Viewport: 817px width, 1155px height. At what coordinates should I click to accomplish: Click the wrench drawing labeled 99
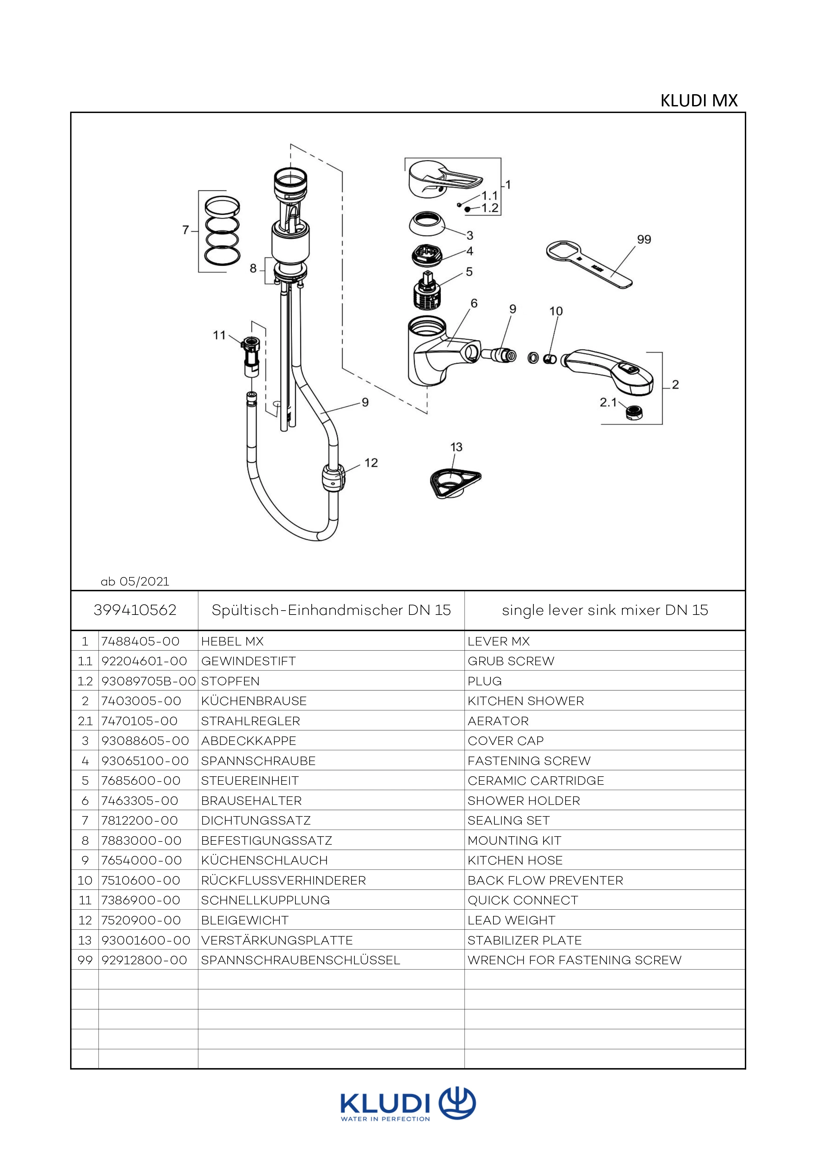coord(589,264)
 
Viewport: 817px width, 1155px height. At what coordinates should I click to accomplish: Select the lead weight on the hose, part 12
coord(332,478)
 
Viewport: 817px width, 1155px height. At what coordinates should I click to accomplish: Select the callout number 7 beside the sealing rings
coord(185,230)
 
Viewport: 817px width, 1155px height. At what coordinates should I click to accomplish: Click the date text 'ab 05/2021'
coord(135,582)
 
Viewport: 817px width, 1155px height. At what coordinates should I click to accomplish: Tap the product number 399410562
coord(135,610)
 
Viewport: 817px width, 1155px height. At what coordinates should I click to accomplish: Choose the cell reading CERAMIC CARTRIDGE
coord(535,781)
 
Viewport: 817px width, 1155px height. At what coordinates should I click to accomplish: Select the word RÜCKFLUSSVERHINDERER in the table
coord(283,880)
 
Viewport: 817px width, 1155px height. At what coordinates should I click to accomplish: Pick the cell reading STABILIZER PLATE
coord(524,940)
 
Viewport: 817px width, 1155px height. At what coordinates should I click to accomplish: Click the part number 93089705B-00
coord(148,681)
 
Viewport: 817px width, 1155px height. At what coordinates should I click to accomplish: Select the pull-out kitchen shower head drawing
coord(609,370)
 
